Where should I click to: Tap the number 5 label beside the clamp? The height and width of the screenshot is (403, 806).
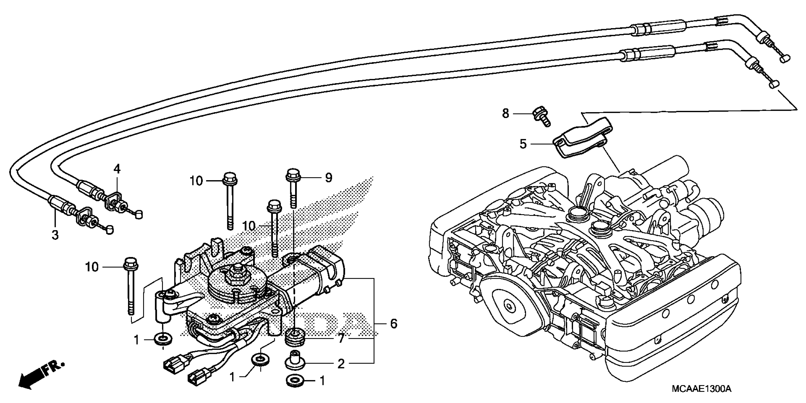point(523,144)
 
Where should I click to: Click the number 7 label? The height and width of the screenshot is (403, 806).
point(341,339)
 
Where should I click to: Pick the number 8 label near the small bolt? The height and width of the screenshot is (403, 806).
point(506,113)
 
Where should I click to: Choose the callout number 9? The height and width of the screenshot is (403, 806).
point(329,178)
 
